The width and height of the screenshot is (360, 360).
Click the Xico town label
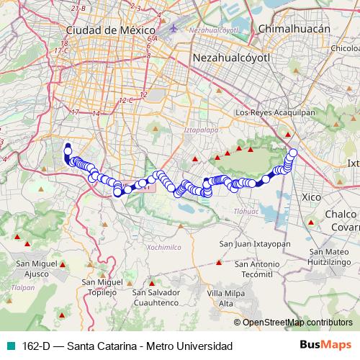click(312, 196)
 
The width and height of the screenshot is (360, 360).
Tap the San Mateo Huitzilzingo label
click(333, 257)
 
